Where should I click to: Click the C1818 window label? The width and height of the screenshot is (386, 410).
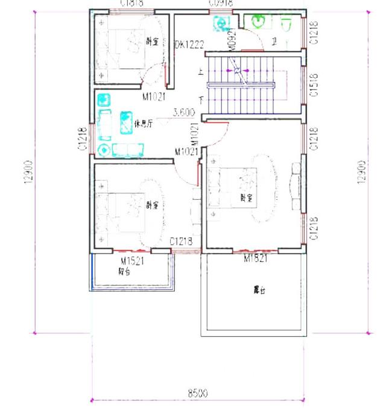(131, 3)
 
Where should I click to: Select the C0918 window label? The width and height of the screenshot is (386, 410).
(218, 3)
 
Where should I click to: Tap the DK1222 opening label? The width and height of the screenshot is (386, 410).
(189, 45)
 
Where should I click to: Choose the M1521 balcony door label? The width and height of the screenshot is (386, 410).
(131, 261)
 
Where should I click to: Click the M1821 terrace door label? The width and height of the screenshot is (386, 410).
(256, 258)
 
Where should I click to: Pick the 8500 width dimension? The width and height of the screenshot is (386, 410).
(197, 393)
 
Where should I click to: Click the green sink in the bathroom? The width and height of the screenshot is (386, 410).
(259, 22)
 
